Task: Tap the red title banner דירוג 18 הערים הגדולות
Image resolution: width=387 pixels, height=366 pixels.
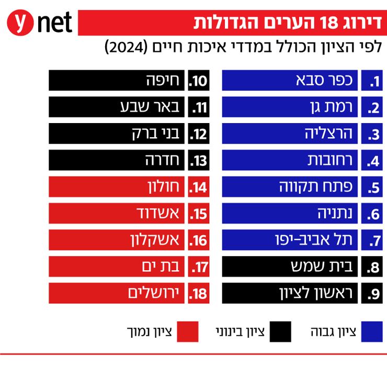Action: point(230,23)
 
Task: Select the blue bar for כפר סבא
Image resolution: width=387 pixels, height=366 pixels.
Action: point(290,81)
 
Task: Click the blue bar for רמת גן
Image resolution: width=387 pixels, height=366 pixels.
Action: point(290,107)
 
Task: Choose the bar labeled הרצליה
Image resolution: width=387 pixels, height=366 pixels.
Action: point(290,134)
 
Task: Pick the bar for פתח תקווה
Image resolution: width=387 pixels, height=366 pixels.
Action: point(290,187)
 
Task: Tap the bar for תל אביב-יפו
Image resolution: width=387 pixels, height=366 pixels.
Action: point(290,240)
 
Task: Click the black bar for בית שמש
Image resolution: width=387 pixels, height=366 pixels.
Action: point(290,267)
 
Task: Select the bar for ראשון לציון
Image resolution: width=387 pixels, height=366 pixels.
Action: point(290,294)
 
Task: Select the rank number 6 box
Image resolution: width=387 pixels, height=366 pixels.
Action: point(373,214)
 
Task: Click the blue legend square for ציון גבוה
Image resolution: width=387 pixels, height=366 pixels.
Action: point(372,331)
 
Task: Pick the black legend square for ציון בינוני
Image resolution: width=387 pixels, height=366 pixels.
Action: point(280,331)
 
